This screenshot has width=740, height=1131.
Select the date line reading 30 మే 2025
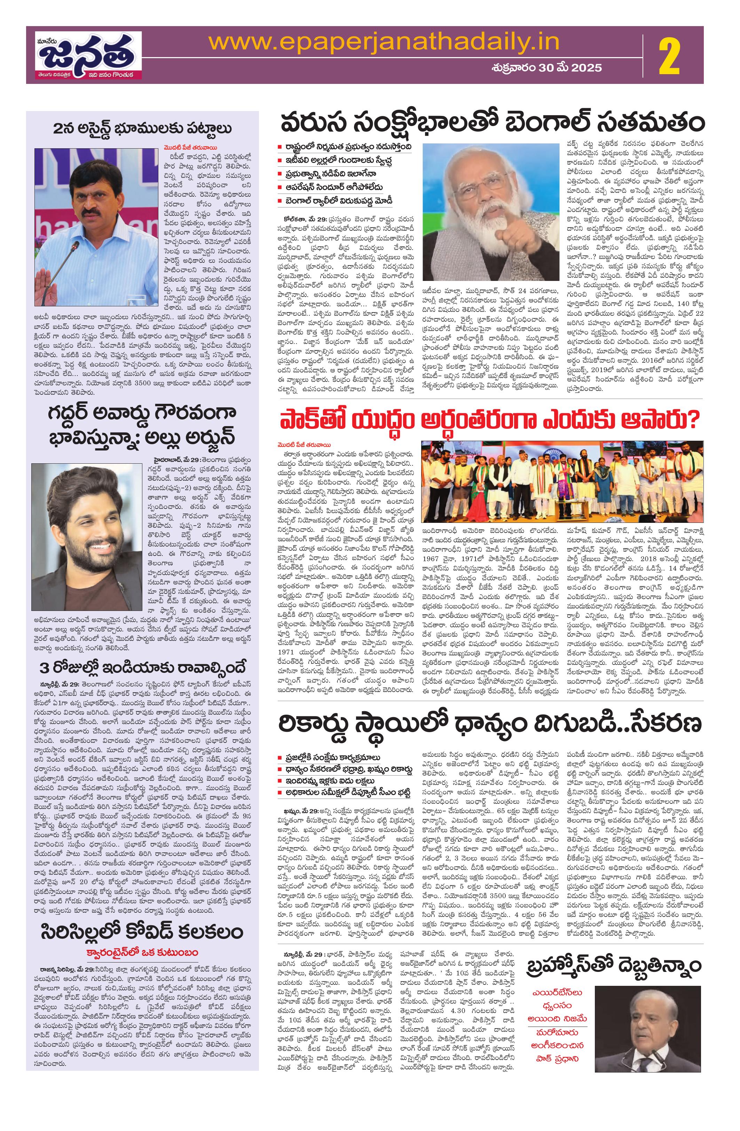click(546, 68)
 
